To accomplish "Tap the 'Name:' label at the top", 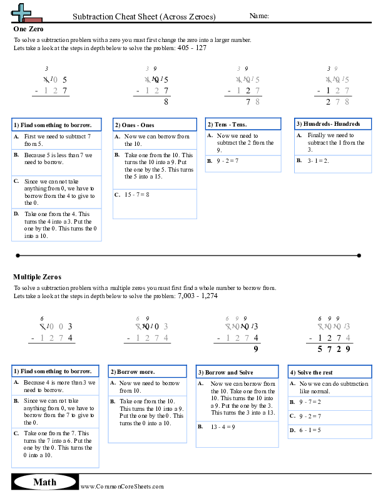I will pyautogui.click(x=259, y=16).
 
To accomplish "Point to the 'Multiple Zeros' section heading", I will pyautogui.click(x=37, y=276).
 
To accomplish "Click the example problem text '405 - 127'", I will pyautogui.click(x=191, y=48).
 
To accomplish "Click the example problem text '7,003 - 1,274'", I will pyautogui.click(x=197, y=295).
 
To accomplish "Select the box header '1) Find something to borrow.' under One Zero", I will pyautogui.click(x=56, y=125).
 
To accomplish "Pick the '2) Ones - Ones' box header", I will pyautogui.click(x=134, y=125).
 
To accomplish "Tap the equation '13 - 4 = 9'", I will pyautogui.click(x=224, y=426).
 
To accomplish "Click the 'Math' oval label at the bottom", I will pyautogui.click(x=44, y=482).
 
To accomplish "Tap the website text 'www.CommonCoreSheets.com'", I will pyautogui.click(x=122, y=487).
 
